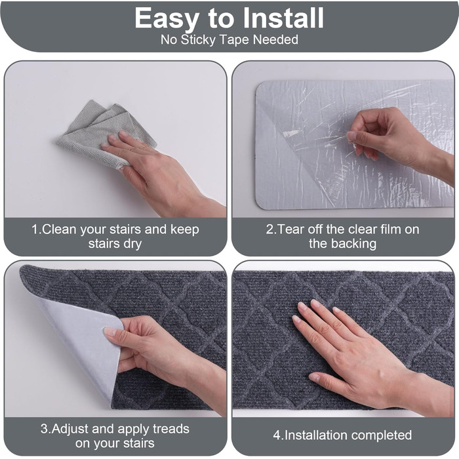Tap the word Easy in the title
tap(166, 19)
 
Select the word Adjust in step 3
tap(71, 429)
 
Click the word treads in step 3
tap(171, 429)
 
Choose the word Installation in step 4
tap(316, 435)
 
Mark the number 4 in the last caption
tap(277, 435)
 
